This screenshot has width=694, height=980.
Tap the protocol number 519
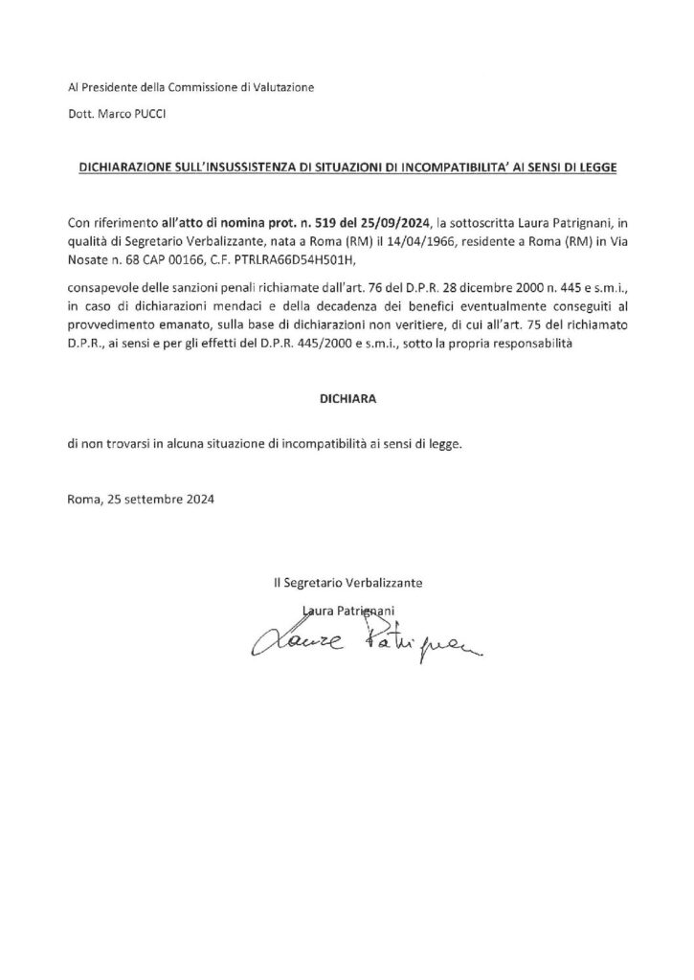pyautogui.click(x=341, y=222)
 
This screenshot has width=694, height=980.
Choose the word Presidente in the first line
pyautogui.click(x=110, y=88)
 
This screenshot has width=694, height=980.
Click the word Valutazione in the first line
pyautogui.click(x=281, y=88)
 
